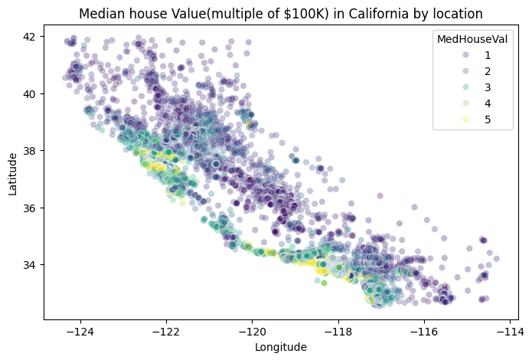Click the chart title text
pyautogui.click(x=284, y=13)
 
